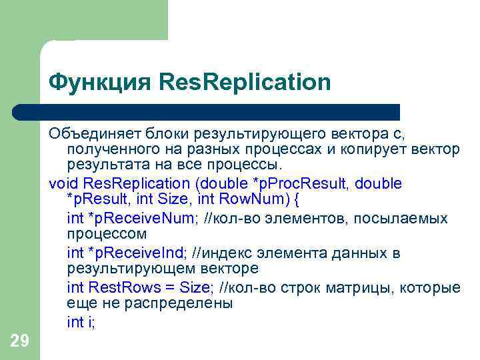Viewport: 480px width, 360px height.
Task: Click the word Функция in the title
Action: click(100, 83)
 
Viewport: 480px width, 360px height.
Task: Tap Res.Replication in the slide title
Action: click(245, 83)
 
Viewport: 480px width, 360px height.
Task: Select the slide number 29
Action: click(20, 341)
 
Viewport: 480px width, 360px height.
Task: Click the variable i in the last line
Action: click(91, 322)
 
